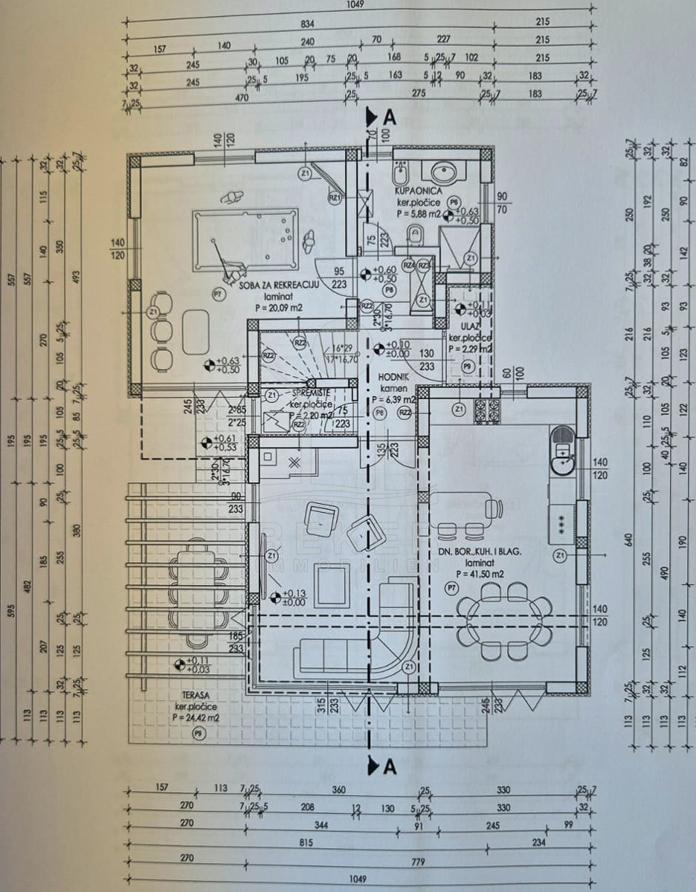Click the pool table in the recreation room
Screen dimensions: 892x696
tap(245, 241)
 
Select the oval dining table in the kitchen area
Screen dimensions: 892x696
tap(504, 615)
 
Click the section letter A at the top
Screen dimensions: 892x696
tap(390, 117)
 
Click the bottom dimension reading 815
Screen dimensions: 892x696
tap(305, 843)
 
